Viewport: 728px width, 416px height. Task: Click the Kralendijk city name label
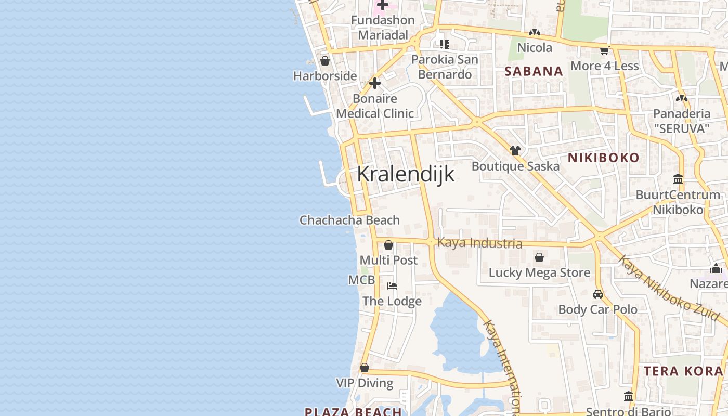[406, 174]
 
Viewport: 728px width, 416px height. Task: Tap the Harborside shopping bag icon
[325, 61]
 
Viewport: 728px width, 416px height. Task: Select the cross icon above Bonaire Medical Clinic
[375, 83]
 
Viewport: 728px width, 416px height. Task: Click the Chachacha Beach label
[349, 220]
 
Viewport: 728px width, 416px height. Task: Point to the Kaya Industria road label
[479, 243]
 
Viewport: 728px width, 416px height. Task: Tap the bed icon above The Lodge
[392, 286]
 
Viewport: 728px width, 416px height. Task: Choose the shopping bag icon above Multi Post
[388, 245]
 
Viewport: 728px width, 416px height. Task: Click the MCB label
[361, 280]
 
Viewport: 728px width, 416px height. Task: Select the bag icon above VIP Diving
[365, 368]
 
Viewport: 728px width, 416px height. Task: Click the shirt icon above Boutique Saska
[515, 151]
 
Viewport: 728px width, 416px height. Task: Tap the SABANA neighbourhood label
[534, 71]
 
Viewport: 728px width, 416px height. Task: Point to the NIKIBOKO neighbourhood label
[603, 158]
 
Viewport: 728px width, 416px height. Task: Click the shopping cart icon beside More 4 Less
[604, 50]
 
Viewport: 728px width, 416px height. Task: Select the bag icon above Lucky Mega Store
[539, 257]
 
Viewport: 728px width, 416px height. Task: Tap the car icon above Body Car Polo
[598, 294]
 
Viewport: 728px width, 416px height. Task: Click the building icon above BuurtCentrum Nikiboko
[678, 179]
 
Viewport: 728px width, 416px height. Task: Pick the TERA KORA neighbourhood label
[684, 371]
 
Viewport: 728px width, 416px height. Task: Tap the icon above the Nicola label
[535, 32]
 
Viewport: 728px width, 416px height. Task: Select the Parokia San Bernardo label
[445, 67]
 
